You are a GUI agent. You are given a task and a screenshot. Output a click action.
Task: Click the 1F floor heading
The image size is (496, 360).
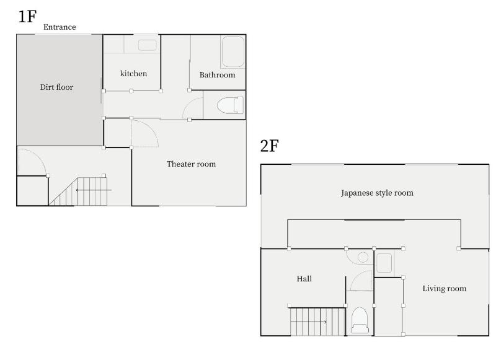coord(27,17)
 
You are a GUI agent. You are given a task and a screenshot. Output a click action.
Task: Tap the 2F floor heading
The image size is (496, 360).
coord(269,146)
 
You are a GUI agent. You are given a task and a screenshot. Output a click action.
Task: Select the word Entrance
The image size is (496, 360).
coord(60,27)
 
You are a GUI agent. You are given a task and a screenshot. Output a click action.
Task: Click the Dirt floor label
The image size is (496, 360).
coord(56,87)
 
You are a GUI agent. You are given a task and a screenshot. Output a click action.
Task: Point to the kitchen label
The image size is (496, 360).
coord(133,74)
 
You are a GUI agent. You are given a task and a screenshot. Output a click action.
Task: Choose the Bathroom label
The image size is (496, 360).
coord(218,75)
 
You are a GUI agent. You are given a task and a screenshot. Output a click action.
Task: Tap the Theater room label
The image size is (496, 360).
coord(191,164)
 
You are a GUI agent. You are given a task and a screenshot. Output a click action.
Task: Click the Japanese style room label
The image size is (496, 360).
coord(377,193)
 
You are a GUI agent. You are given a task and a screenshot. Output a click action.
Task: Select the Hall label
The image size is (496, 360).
coord(304,279)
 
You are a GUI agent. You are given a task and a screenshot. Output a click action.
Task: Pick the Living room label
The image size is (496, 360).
coord(445,289)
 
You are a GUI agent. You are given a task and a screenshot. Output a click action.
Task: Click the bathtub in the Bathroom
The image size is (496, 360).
coord(233,51)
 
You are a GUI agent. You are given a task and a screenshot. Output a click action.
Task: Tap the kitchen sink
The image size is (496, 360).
coord(148,45)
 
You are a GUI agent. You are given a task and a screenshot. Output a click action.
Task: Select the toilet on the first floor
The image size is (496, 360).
coord(230,105)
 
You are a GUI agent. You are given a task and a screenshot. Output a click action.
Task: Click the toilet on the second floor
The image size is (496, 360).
coord(360,320)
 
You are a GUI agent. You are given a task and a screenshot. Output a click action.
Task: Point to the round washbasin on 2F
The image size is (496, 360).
coord(363,257)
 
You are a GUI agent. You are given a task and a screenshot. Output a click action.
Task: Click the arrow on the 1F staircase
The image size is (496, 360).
coord(94,190)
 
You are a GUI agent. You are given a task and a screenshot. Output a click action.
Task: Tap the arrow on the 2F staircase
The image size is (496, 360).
coord(309,322)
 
